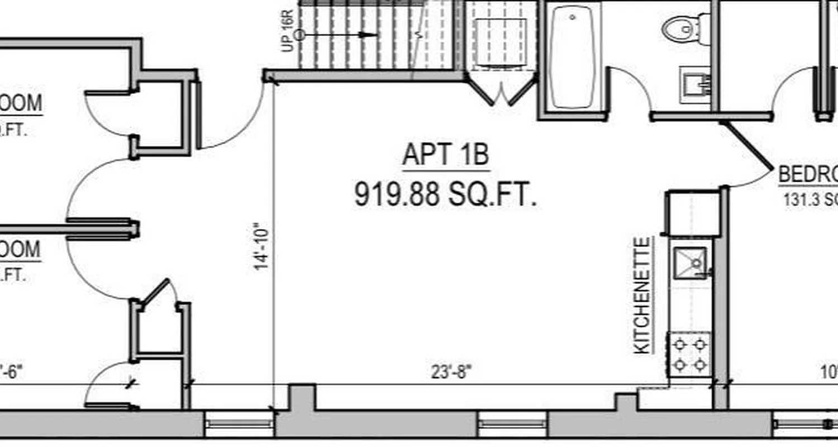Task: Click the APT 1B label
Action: [x=446, y=155]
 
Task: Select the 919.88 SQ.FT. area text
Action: [x=445, y=195]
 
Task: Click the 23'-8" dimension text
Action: [x=451, y=372]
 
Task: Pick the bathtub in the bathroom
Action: [x=572, y=56]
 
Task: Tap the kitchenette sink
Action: [x=690, y=262]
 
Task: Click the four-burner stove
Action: [x=689, y=354]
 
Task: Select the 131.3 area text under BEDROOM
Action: [x=810, y=199]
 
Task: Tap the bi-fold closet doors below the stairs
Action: [x=501, y=93]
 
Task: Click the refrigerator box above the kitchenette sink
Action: [x=692, y=213]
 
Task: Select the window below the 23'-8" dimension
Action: [x=511, y=424]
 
